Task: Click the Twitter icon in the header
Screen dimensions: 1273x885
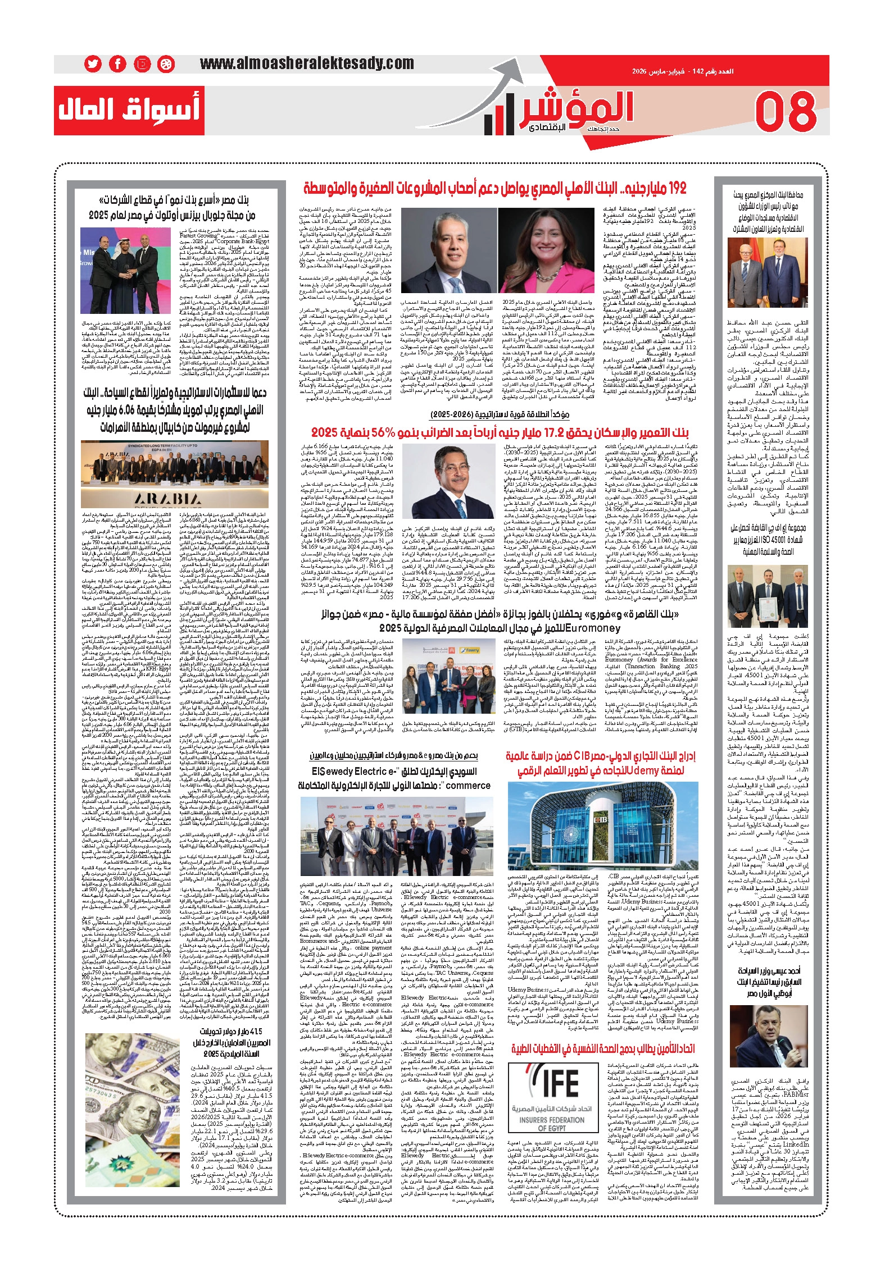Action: click(93, 64)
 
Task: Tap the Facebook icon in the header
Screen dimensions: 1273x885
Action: click(117, 64)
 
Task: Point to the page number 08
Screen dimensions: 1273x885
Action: click(785, 111)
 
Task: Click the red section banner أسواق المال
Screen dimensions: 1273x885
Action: click(129, 111)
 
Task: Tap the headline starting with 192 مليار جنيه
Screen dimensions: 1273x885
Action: click(494, 188)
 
